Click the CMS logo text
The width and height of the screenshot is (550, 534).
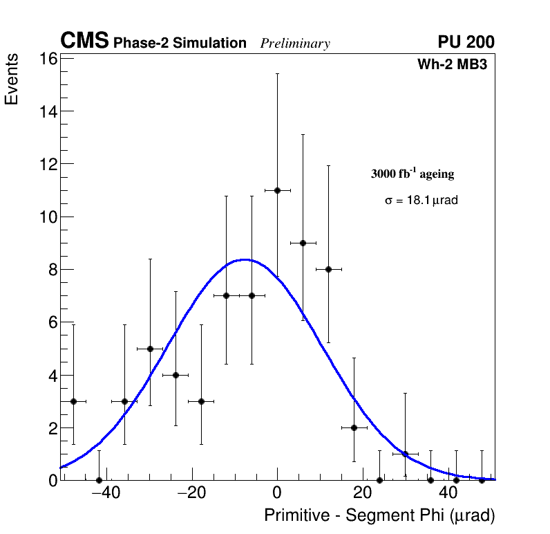click(x=84, y=42)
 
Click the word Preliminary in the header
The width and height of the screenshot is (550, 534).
click(x=295, y=44)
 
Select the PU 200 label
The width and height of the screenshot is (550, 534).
click(x=466, y=42)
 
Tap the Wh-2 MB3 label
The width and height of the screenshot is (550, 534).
click(x=453, y=65)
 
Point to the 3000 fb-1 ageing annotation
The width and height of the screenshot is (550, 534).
click(x=413, y=174)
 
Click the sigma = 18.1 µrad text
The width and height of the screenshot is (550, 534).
click(x=421, y=201)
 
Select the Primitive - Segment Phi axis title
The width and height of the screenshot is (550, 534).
click(x=379, y=515)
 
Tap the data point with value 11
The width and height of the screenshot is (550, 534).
click(x=277, y=190)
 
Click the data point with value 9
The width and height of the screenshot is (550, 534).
click(x=303, y=243)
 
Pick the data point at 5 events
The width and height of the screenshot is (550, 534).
click(x=150, y=349)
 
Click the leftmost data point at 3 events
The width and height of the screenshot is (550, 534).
click(x=73, y=401)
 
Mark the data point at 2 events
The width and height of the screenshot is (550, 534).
click(x=354, y=427)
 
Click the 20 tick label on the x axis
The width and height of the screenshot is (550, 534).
click(x=363, y=493)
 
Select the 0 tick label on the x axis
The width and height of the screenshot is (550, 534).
click(x=277, y=493)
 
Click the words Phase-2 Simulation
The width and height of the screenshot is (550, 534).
click(x=180, y=44)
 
